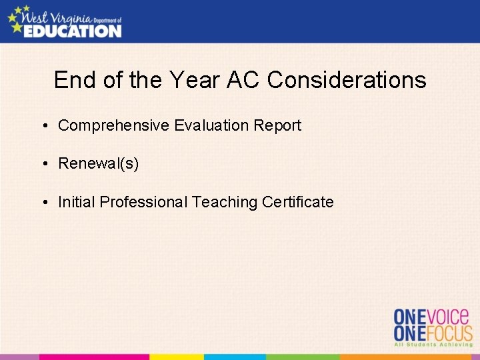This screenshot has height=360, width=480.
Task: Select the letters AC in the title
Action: click(x=243, y=81)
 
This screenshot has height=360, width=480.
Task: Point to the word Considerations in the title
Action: click(x=346, y=81)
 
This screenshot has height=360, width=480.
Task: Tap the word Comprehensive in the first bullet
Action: click(x=114, y=125)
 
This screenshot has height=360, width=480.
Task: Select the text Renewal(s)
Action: click(x=99, y=164)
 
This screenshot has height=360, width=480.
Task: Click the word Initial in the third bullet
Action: click(x=77, y=202)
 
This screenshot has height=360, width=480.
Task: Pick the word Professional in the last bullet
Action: click(x=143, y=202)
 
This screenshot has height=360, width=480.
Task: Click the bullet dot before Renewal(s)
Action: click(x=43, y=164)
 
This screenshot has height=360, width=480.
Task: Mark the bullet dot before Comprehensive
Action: click(x=43, y=125)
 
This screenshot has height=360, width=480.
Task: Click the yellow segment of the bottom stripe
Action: click(x=177, y=357)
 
